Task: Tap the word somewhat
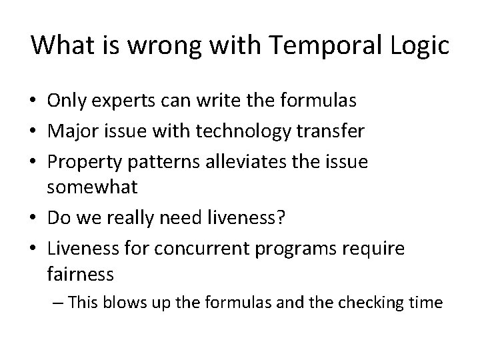click(92, 188)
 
